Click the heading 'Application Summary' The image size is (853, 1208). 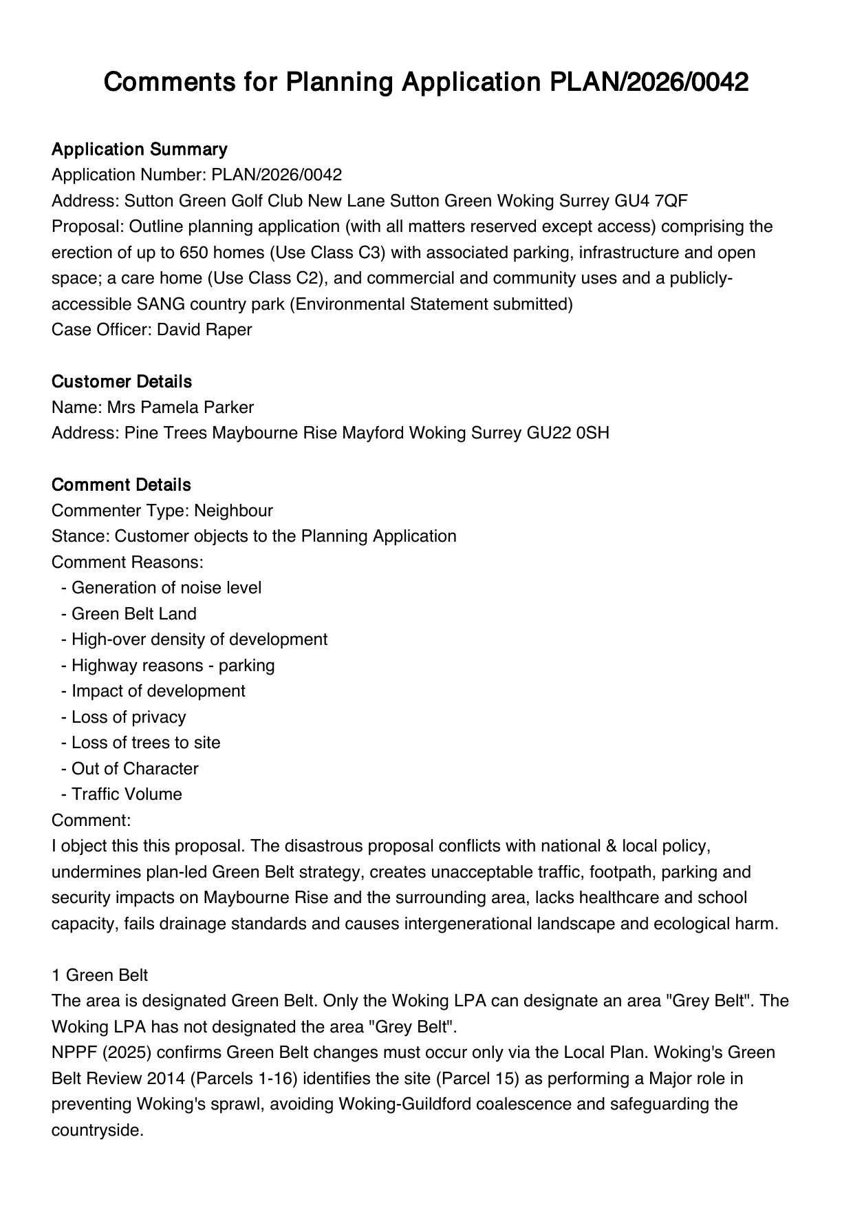[x=139, y=149]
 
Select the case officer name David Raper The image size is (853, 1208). [x=204, y=330]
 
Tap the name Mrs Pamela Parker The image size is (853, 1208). [x=180, y=407]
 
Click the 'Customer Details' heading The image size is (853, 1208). [x=121, y=381]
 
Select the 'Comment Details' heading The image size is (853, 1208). [x=121, y=485]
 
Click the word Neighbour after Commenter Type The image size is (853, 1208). [x=233, y=511]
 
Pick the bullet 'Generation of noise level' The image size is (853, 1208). [x=166, y=588]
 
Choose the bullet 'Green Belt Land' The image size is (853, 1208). [x=133, y=614]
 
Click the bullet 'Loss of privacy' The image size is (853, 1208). [x=129, y=717]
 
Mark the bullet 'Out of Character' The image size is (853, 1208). [x=135, y=769]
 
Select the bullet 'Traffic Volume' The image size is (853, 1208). [x=127, y=794]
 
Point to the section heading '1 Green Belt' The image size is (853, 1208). [x=100, y=975]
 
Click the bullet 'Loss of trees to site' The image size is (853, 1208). [x=146, y=743]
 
